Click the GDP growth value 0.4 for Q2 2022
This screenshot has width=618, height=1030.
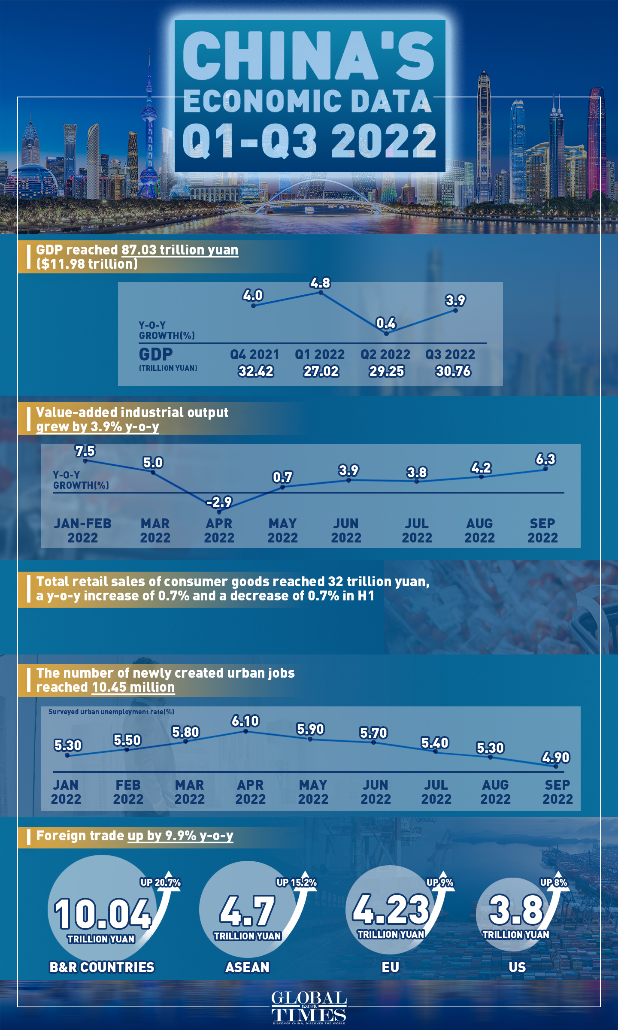pos(386,323)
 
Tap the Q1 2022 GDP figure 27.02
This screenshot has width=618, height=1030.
pos(321,371)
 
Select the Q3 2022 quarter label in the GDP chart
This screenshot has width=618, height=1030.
pos(450,354)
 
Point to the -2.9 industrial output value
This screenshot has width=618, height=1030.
pos(219,502)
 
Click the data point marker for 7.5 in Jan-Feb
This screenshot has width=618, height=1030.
pos(85,461)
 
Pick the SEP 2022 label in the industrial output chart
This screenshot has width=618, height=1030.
pos(542,530)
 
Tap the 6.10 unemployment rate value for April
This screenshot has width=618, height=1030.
pos(245,721)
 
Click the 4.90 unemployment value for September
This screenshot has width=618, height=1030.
pos(556,757)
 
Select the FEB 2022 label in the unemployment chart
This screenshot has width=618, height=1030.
pos(128,792)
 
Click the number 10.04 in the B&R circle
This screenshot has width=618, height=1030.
pos(102,914)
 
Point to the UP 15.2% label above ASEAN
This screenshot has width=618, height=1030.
pos(296,882)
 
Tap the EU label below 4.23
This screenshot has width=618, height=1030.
pos(390,967)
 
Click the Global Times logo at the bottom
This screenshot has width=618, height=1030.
pos(309,1007)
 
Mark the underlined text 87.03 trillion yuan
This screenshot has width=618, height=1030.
pos(180,250)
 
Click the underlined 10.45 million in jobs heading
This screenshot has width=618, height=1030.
pos(133,687)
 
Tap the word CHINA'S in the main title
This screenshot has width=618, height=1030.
pos(308,56)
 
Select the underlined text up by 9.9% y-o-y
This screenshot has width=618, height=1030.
pos(180,836)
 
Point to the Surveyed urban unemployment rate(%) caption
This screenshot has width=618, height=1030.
pos(111,712)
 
